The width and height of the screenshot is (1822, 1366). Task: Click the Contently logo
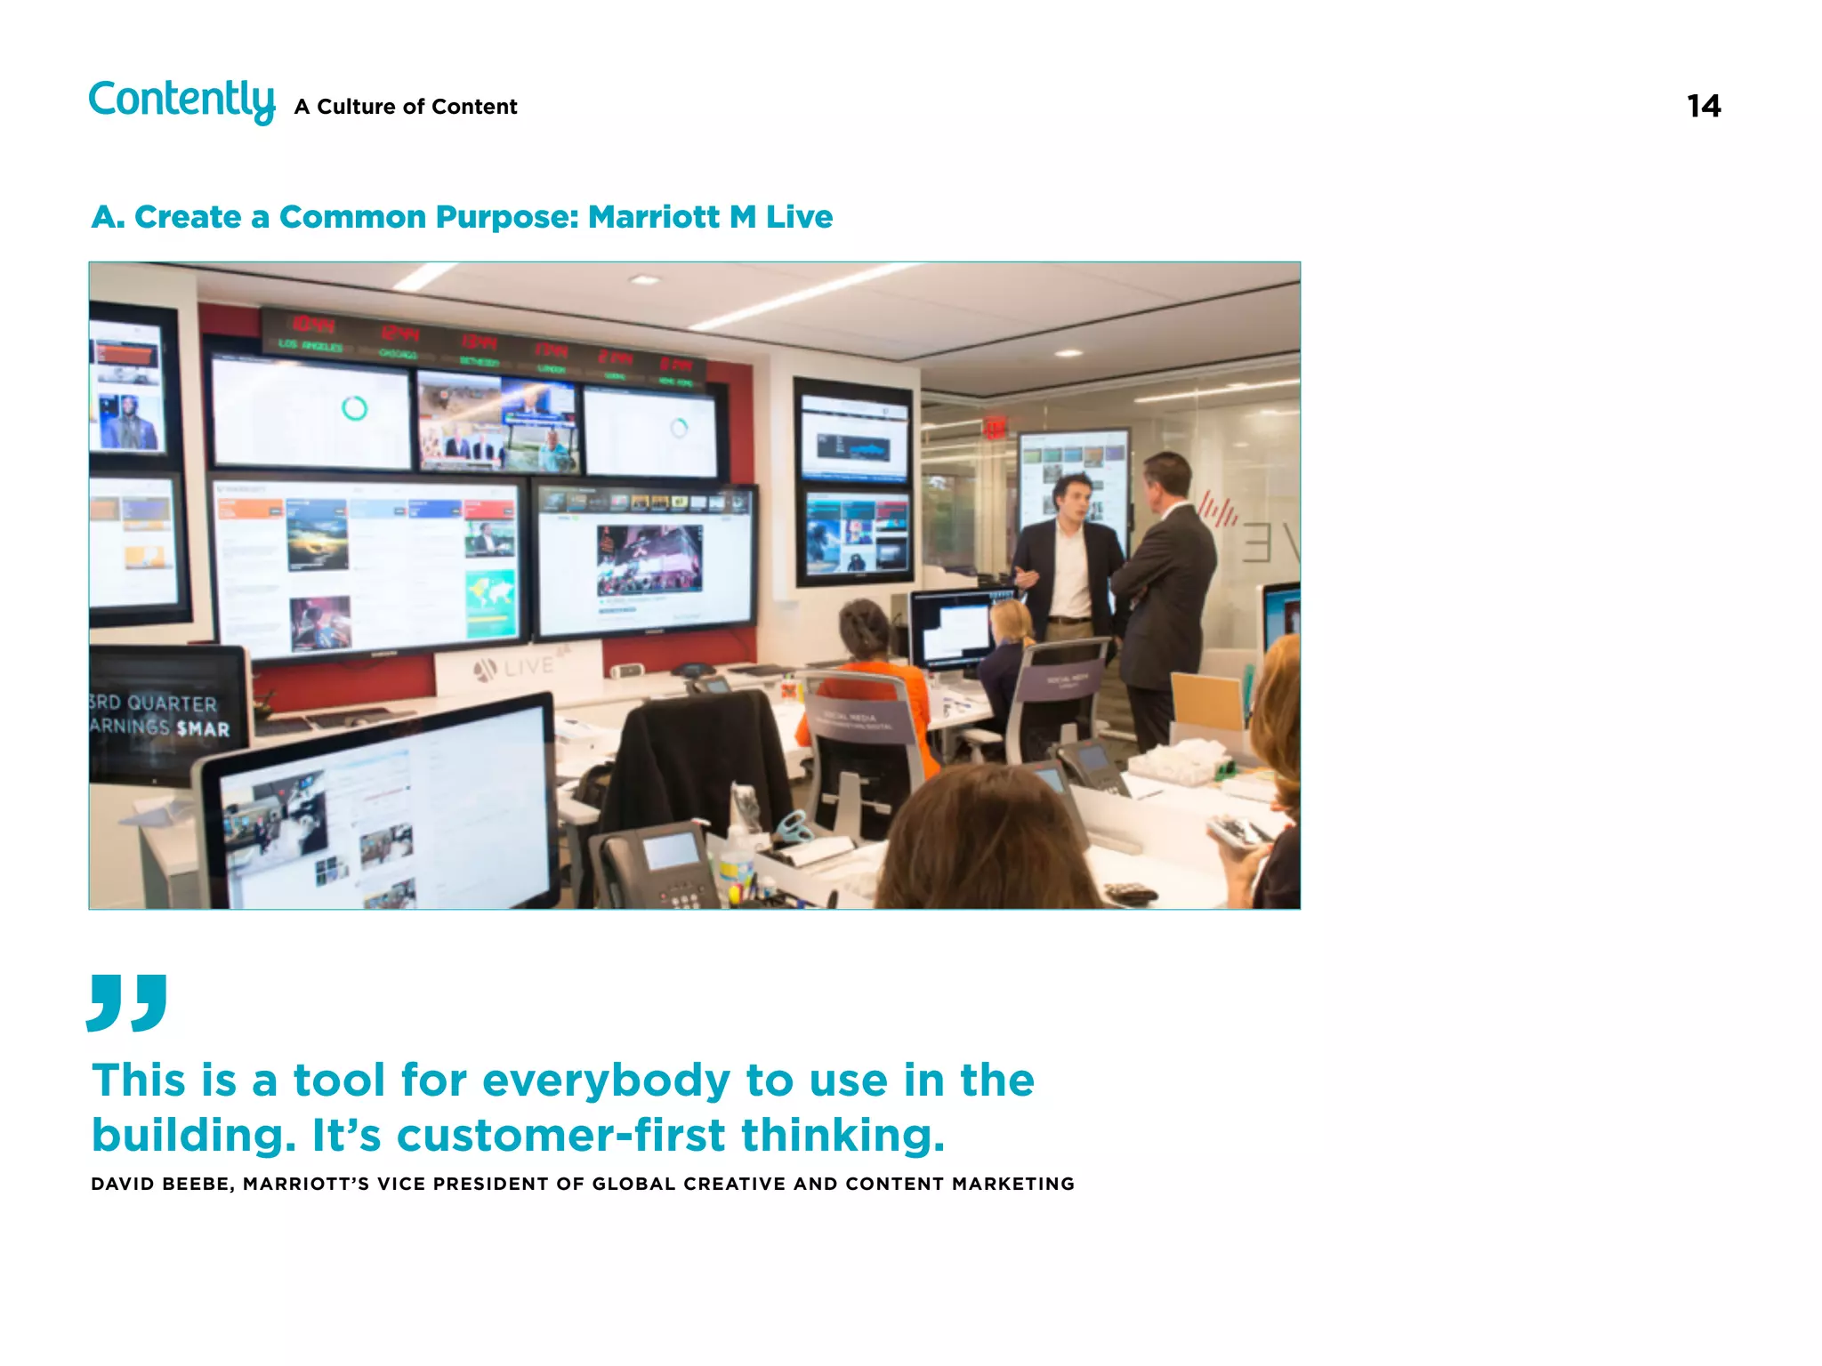pyautogui.click(x=181, y=100)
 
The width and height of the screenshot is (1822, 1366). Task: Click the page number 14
pyautogui.click(x=1703, y=107)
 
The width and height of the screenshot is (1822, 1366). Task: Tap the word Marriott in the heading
pyautogui.click(x=654, y=217)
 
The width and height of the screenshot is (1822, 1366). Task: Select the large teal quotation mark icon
pyautogui.click(x=127, y=1002)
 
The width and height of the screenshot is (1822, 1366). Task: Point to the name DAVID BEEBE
pyautogui.click(x=161, y=1184)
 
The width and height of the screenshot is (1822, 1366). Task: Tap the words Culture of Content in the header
pyautogui.click(x=416, y=107)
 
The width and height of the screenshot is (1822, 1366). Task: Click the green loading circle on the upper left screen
pyautogui.click(x=354, y=408)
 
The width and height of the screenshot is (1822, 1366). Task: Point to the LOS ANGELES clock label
pyautogui.click(x=310, y=345)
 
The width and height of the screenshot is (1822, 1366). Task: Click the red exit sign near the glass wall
pyautogui.click(x=995, y=429)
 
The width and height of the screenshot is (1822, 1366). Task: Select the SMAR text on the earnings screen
pyautogui.click(x=203, y=729)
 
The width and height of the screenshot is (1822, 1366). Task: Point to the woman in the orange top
pyautogui.click(x=867, y=676)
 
